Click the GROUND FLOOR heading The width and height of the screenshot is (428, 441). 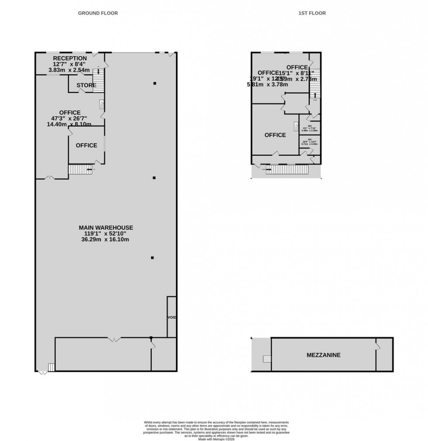tap(98, 13)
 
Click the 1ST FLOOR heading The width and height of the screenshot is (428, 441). tap(312, 13)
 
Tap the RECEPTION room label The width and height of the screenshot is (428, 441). tap(70, 59)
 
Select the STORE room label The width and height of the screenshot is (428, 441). tap(86, 85)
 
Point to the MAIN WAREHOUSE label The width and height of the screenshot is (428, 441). tap(106, 228)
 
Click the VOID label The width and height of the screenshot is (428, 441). tap(172, 317)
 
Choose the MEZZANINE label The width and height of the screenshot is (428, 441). tap(323, 355)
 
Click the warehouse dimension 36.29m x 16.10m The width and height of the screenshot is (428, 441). tap(106, 240)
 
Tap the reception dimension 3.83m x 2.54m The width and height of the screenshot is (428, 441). tap(69, 70)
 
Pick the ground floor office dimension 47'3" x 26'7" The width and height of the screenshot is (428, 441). tap(70, 118)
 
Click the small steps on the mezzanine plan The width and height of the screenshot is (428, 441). tap(266, 359)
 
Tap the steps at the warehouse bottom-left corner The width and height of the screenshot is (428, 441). tap(51, 368)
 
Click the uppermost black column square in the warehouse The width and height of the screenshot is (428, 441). tap(155, 83)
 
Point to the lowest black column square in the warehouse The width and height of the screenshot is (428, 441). tap(152, 258)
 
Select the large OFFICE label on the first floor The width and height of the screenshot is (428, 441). tap(275, 135)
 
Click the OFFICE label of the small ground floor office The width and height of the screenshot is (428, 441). tap(86, 145)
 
